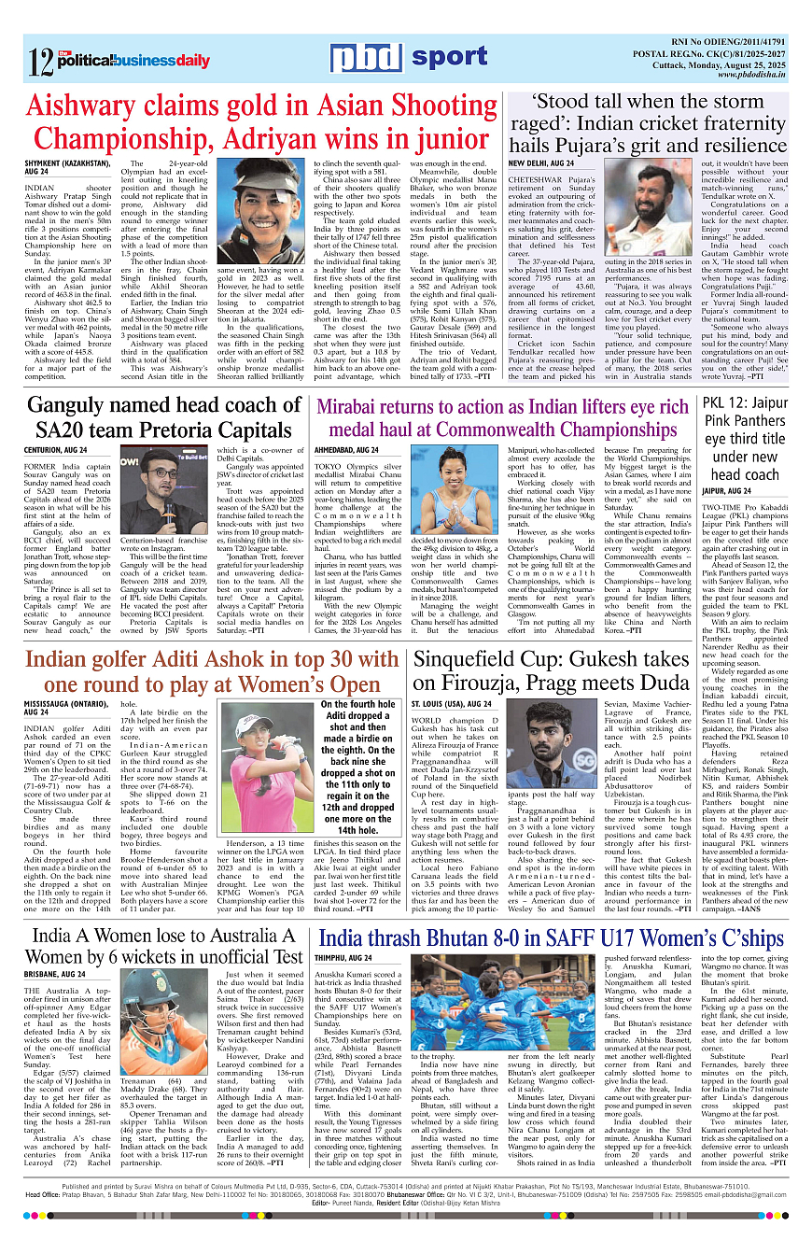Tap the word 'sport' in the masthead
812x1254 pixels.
[450, 58]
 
